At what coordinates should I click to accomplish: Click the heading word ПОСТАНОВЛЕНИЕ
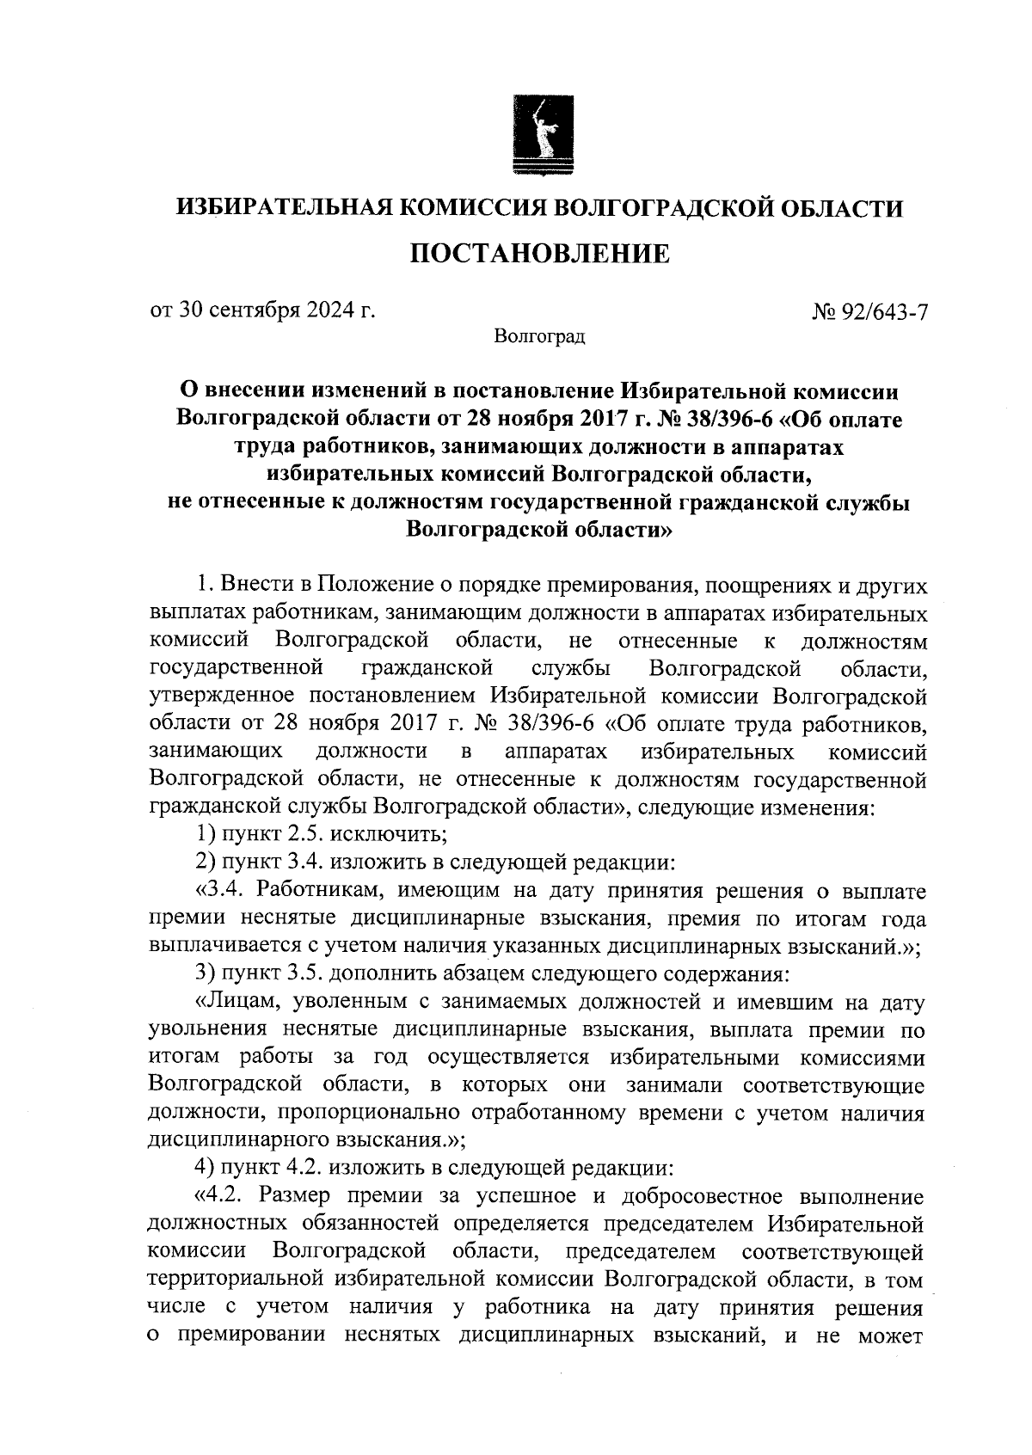click(x=538, y=255)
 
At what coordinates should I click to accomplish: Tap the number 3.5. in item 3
click(x=310, y=975)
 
